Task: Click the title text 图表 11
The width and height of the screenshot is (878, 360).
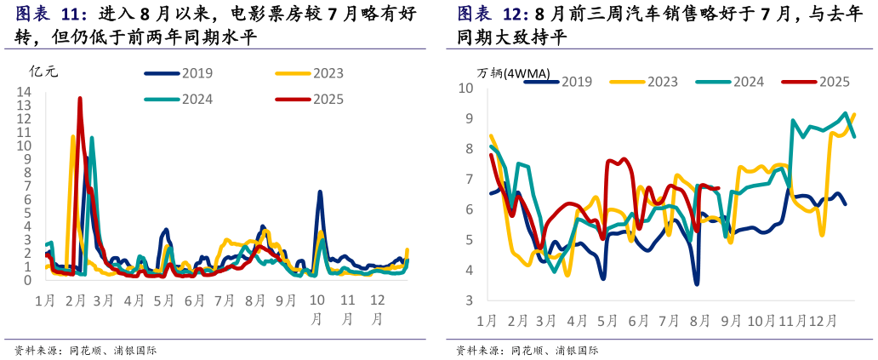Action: pyautogui.click(x=52, y=15)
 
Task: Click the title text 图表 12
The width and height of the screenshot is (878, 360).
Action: pyautogui.click(x=493, y=15)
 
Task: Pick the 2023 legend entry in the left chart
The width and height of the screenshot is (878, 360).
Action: pyautogui.click(x=310, y=74)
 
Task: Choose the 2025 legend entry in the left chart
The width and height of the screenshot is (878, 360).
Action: pyautogui.click(x=310, y=100)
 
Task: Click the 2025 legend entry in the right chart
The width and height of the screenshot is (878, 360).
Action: pyautogui.click(x=817, y=82)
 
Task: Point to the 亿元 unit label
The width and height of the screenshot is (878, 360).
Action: pyautogui.click(x=43, y=71)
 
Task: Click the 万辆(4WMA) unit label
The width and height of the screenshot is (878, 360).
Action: pyautogui.click(x=513, y=72)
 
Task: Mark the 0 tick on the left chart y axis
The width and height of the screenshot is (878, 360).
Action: pyautogui.click(x=27, y=280)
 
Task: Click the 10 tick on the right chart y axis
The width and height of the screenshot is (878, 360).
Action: pyautogui.click(x=465, y=88)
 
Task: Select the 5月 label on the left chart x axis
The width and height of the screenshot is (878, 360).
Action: pyautogui.click(x=164, y=300)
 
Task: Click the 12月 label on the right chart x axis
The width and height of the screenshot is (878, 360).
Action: pyautogui.click(x=822, y=321)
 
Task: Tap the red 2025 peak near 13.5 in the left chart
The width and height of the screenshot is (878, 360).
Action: pyautogui.click(x=80, y=99)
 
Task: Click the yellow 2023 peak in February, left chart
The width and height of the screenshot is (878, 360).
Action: pyautogui.click(x=73, y=136)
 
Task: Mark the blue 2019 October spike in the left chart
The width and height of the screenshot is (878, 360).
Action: pyautogui.click(x=320, y=192)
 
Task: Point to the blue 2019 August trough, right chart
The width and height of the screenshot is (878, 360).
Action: pyautogui.click(x=697, y=283)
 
